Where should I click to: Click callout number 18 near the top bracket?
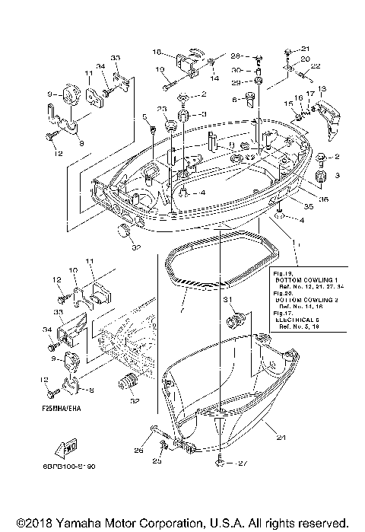tap(157, 53)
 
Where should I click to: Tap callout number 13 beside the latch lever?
tap(322, 89)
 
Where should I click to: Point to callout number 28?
tap(236, 56)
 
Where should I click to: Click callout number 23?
tap(162, 110)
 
